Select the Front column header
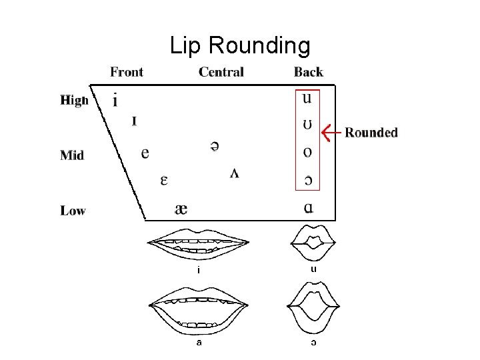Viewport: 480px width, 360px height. click(x=127, y=72)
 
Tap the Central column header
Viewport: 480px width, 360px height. click(x=221, y=72)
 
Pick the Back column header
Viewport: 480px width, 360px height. click(x=308, y=72)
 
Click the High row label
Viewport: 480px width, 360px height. click(x=74, y=101)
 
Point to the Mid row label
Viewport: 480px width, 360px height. click(x=72, y=155)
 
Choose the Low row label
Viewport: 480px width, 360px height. click(x=73, y=211)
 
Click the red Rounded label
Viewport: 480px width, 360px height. click(x=371, y=132)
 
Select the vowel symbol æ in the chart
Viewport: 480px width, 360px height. click(x=181, y=209)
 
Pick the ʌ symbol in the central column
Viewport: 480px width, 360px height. click(x=235, y=173)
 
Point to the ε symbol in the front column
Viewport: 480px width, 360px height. click(x=163, y=180)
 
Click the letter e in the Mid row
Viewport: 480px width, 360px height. click(x=145, y=153)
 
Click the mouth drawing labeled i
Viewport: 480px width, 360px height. click(x=199, y=245)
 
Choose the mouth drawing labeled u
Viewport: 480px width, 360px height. click(x=313, y=244)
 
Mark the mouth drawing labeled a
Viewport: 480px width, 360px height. click(x=199, y=310)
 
